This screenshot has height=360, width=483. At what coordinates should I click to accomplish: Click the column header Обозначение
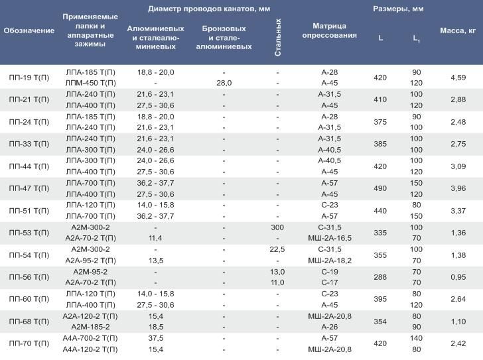coord(29,30)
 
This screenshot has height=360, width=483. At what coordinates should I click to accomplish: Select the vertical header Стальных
coord(278,37)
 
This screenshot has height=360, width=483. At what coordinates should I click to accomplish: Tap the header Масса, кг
coord(458,30)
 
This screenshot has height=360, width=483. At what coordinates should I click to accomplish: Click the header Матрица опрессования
coord(329,30)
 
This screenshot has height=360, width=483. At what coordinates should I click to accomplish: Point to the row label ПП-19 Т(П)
coord(29,78)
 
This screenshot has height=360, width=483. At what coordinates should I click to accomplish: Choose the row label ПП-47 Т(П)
coord(29,188)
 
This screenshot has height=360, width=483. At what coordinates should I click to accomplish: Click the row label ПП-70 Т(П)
coord(29,343)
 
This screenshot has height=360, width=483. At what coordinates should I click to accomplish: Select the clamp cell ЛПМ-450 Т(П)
coord(90,83)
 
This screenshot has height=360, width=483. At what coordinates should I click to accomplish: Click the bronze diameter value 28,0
coord(224,83)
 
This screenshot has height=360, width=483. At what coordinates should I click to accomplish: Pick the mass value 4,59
coord(458,78)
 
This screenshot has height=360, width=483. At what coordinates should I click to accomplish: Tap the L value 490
coord(380,188)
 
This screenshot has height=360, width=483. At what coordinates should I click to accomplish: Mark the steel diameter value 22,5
coord(277,249)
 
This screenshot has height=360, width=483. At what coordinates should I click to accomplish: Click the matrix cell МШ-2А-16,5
coord(330,238)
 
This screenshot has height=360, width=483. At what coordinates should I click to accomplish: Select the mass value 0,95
coord(458,277)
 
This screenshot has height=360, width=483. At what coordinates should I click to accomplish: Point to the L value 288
coord(380,277)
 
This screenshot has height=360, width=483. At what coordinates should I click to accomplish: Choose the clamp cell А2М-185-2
coord(90,327)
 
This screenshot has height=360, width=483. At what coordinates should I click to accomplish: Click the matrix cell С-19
coord(330,272)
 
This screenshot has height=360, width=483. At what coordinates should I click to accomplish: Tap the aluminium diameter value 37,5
coord(155,338)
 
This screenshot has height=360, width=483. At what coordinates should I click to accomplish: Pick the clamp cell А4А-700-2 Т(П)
coord(90,338)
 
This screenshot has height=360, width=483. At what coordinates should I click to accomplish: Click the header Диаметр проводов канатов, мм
coord(209,9)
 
